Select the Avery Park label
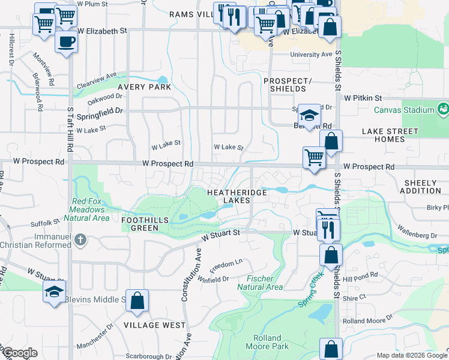[x=144, y=87]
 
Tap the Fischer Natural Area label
[x=260, y=283]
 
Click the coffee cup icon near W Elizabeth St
[x=66, y=42]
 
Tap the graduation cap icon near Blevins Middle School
[x=54, y=293]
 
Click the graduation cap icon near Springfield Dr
[x=309, y=115]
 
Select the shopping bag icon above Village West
[x=137, y=302]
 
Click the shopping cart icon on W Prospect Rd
[x=314, y=158]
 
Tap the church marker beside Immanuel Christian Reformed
[x=81, y=241]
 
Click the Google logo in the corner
[x=19, y=353]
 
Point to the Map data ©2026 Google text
[x=412, y=355]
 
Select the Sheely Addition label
[x=414, y=187]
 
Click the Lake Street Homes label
[x=390, y=135]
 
